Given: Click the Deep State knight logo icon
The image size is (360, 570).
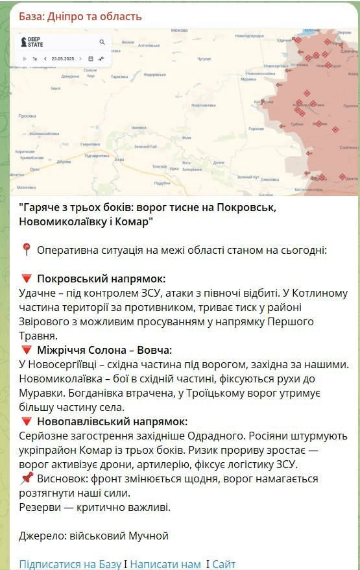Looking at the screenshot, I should (x=25, y=42).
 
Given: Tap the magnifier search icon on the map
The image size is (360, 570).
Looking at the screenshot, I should (x=102, y=42).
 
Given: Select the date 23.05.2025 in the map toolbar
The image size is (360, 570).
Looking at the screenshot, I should (x=65, y=58).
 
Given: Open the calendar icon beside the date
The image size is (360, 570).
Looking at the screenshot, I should (x=91, y=58).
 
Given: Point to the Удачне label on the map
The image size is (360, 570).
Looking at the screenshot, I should (x=285, y=40).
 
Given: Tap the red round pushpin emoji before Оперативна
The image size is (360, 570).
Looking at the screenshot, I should (x=27, y=250).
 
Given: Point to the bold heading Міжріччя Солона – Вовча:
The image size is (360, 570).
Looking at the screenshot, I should (x=104, y=350).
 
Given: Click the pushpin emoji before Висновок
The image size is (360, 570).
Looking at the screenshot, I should (x=27, y=478).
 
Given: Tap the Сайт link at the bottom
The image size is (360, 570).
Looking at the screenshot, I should (x=224, y=564).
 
